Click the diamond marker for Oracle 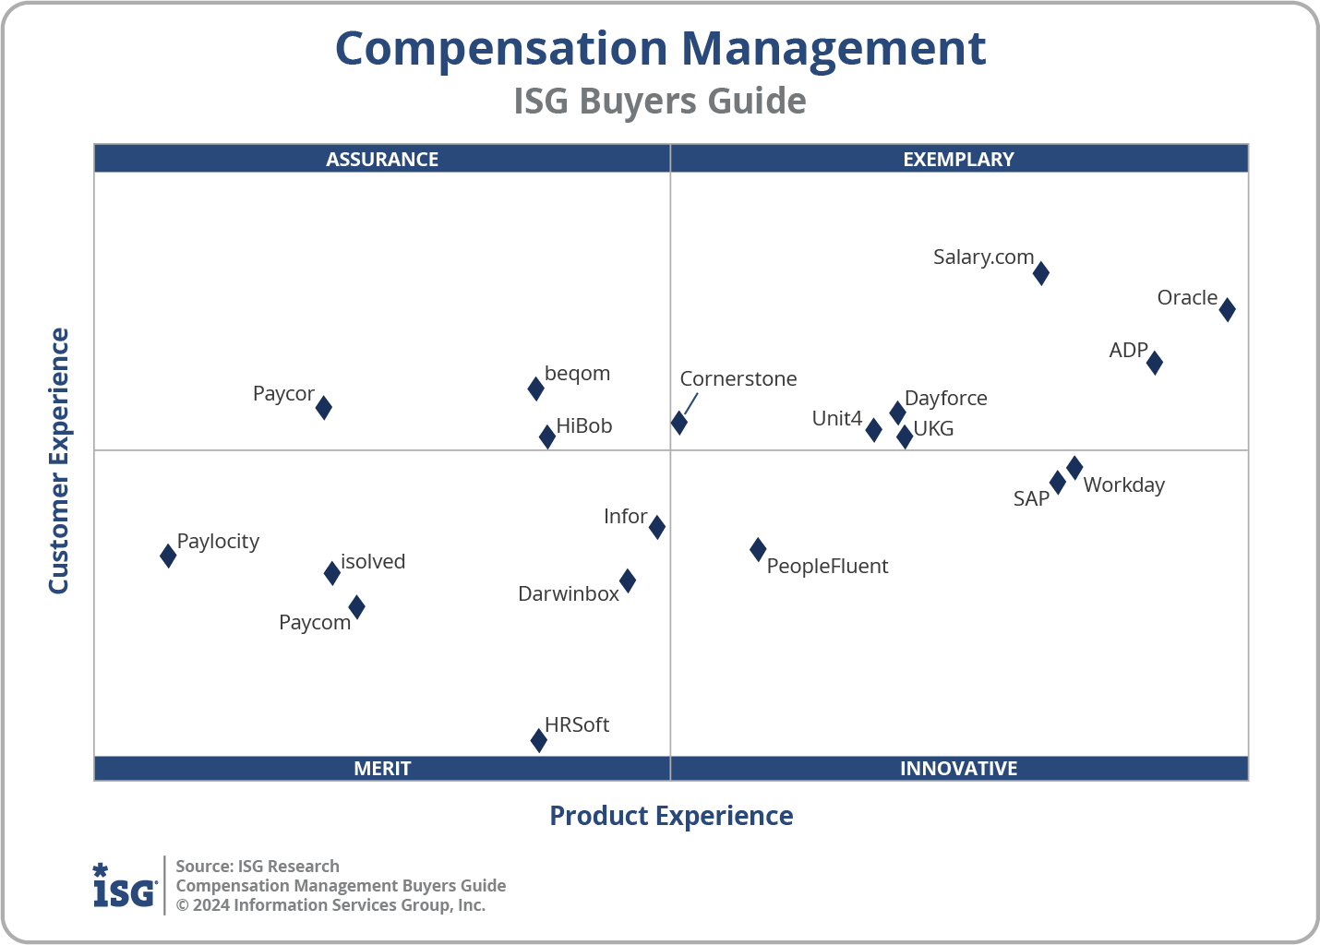tap(1227, 309)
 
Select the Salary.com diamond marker tap(1040, 273)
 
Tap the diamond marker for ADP tap(1154, 363)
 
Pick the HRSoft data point tap(539, 740)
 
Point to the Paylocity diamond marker tap(168, 556)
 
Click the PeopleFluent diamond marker tap(758, 550)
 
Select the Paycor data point tap(324, 407)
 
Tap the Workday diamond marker tap(1074, 468)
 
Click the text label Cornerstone tap(738, 379)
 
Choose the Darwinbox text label tap(569, 594)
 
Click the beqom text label tap(577, 374)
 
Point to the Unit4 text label tap(836, 419)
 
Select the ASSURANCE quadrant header tap(382, 159)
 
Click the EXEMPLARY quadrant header tap(958, 159)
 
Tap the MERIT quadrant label tap(382, 768)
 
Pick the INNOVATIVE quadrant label tap(958, 768)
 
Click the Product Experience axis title tap(671, 816)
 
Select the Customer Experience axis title tap(59, 461)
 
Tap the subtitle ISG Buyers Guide tap(660, 102)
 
